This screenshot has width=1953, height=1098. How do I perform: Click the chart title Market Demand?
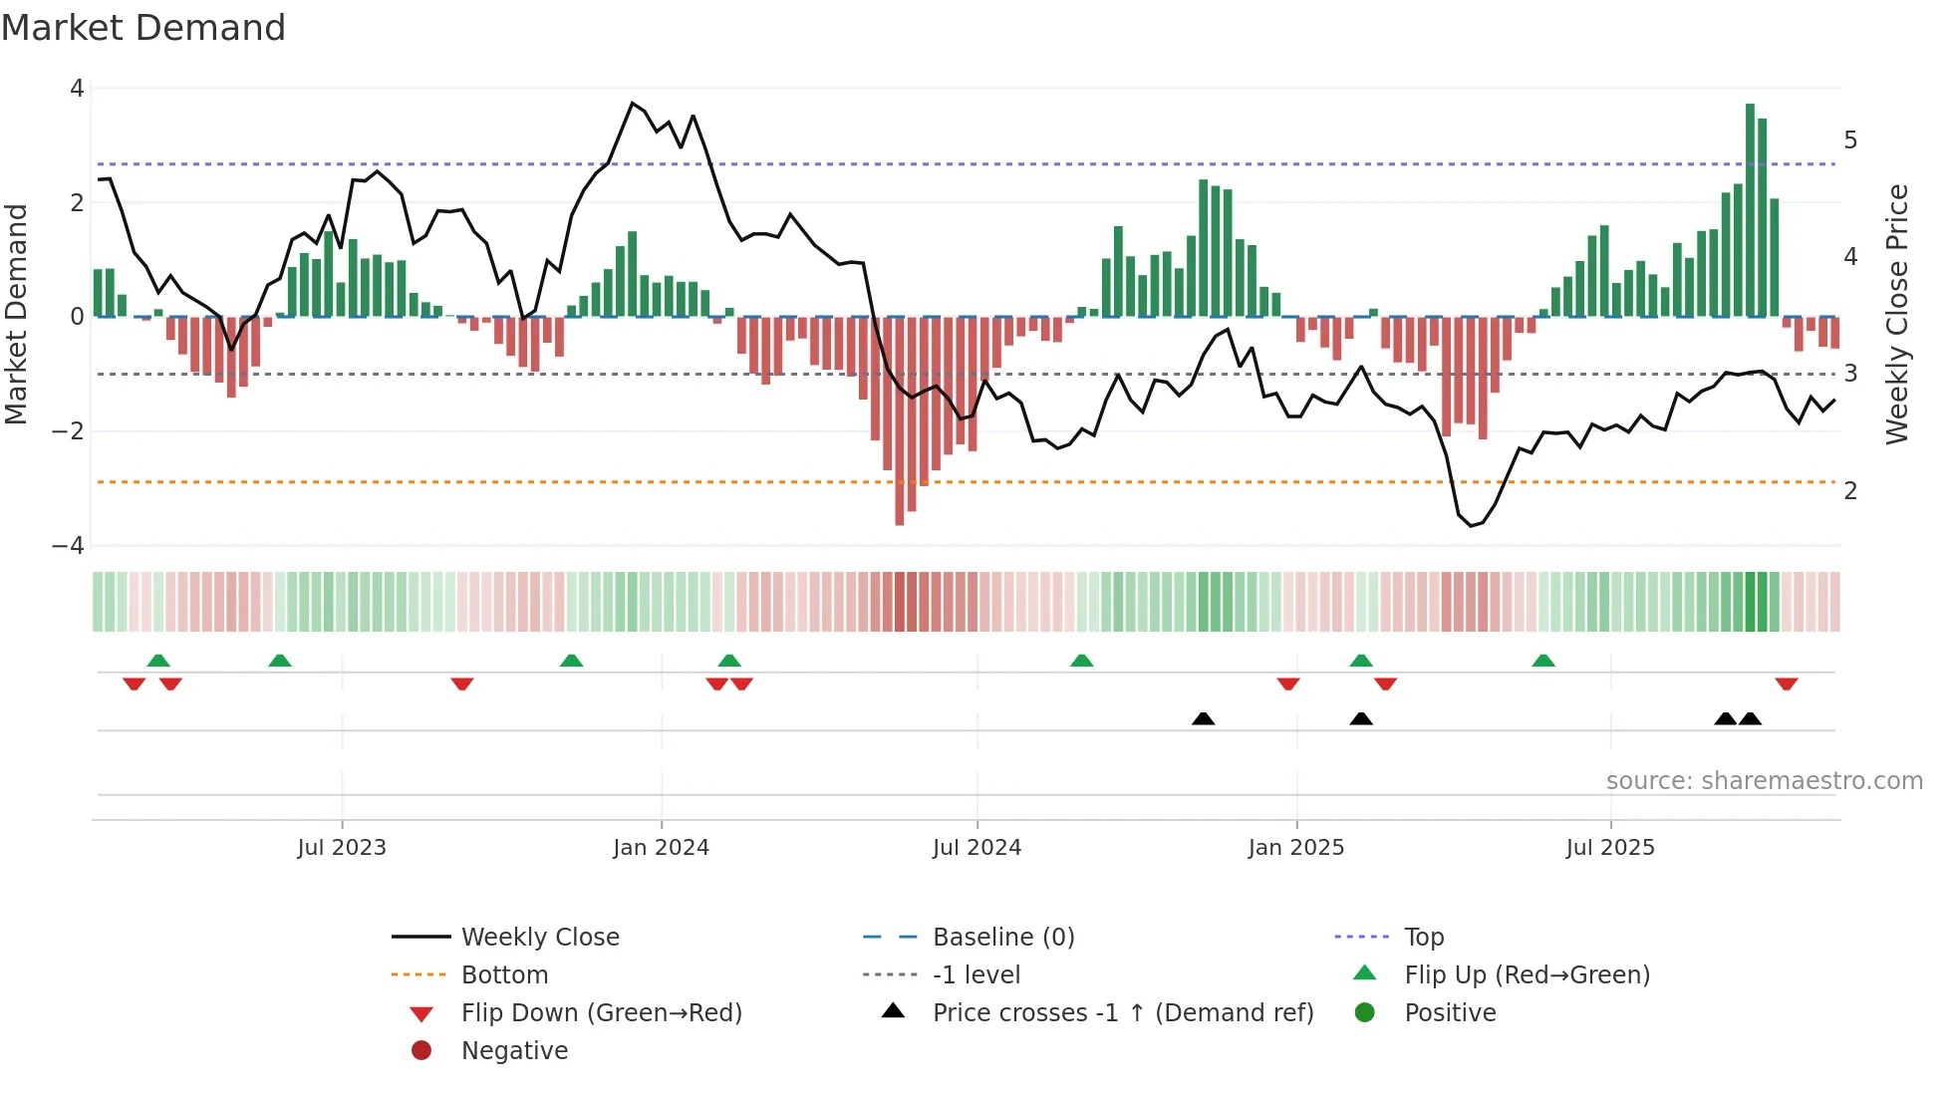tap(143, 28)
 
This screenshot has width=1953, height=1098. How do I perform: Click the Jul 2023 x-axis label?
tap(342, 848)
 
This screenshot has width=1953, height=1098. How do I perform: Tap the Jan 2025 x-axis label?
tap(1295, 848)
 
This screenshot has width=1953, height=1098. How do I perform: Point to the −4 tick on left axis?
tap(68, 546)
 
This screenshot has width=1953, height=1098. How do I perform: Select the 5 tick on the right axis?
tap(1850, 140)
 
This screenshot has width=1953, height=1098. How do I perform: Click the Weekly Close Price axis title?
tap(1897, 314)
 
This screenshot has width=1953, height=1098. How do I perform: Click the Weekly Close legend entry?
tap(539, 938)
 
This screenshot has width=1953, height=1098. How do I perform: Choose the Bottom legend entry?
tap(504, 975)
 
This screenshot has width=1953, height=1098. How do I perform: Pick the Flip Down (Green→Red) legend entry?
tap(601, 1013)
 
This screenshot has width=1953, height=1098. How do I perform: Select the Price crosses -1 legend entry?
tap(1122, 1013)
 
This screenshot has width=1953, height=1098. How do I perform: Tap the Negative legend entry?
tap(514, 1051)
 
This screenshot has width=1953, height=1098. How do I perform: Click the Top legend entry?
tap(1423, 938)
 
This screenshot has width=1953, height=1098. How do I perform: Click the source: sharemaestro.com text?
tap(1764, 781)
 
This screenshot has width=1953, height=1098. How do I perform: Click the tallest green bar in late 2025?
tap(1750, 209)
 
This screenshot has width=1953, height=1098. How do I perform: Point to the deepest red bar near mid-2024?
tap(899, 420)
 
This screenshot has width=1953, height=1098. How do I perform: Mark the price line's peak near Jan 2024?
tap(633, 103)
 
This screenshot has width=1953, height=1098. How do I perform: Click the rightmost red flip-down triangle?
tap(1786, 685)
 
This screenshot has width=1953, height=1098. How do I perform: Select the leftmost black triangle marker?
tap(1203, 718)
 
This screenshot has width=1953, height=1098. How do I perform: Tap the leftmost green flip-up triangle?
tap(158, 661)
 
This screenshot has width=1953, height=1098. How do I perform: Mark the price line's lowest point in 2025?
tap(1471, 525)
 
